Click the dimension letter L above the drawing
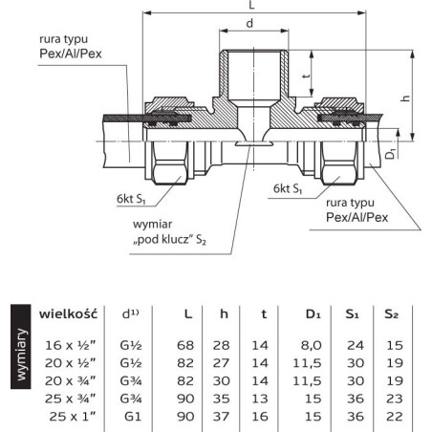(251, 5)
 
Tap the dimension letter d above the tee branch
(250, 23)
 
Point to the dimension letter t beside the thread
(306, 76)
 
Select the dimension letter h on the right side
(405, 98)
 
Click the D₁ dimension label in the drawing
(391, 153)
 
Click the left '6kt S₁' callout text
(131, 199)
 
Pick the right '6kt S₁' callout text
(288, 188)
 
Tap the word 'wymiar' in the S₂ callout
(152, 224)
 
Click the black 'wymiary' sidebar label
(21, 356)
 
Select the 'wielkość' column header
(68, 313)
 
